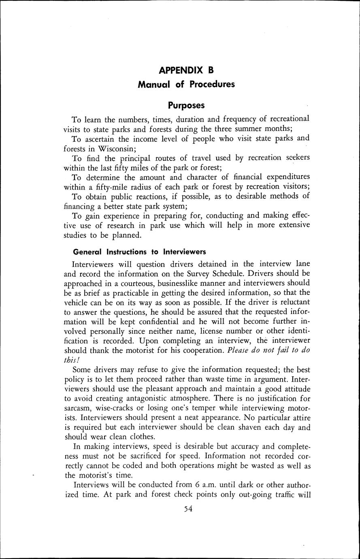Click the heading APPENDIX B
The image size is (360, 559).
pyautogui.click(x=186, y=70)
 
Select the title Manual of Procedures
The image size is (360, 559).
pyautogui.click(x=186, y=85)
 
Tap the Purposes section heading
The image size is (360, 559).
pyautogui.click(x=186, y=105)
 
